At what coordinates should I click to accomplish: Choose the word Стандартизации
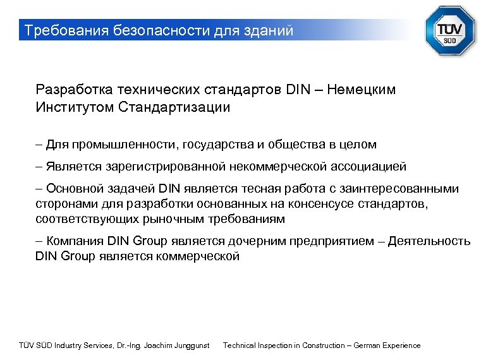pos(174,107)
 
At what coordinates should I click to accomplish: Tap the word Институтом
pos(75,107)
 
